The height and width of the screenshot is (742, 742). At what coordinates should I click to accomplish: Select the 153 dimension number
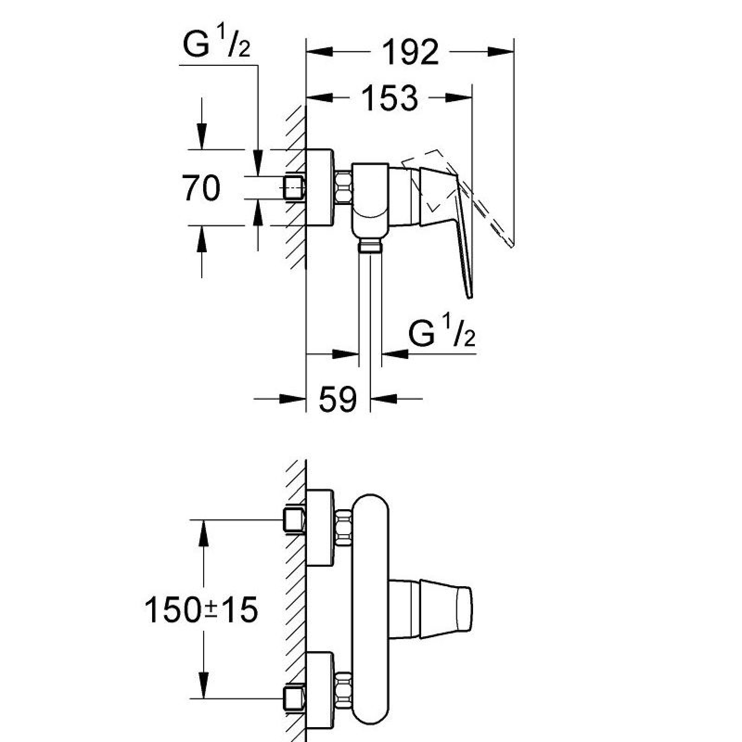[389, 98]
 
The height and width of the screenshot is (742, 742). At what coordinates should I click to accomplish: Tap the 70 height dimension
[201, 188]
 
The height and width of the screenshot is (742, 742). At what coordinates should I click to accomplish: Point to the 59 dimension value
[338, 399]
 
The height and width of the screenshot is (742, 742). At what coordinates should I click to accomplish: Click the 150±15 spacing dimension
[201, 610]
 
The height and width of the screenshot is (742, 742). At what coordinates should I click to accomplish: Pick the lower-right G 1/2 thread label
[442, 333]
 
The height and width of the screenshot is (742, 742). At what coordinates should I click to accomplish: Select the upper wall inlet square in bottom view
[293, 520]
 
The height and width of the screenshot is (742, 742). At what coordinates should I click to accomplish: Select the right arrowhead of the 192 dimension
[501, 51]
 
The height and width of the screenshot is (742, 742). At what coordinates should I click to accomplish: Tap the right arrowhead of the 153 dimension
[459, 97]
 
